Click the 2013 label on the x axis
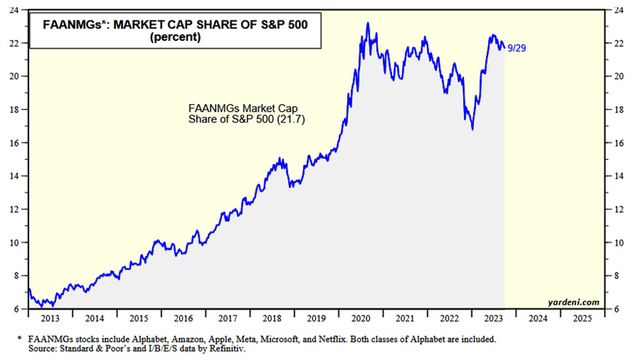click(x=50, y=318)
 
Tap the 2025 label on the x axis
click(x=582, y=318)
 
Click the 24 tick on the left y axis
click(x=17, y=9)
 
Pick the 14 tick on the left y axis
click(x=17, y=176)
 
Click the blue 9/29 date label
click(x=516, y=48)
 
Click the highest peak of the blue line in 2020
click(x=367, y=23)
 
